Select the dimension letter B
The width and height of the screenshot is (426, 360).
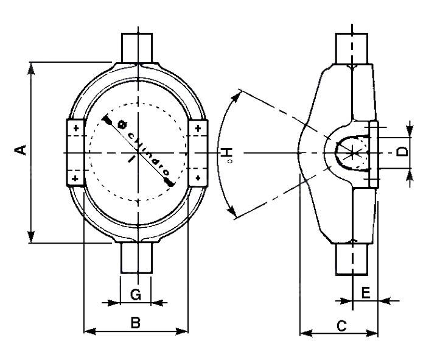(136, 323)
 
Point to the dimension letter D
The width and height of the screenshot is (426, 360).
(402, 150)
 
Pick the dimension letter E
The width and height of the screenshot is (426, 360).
(366, 293)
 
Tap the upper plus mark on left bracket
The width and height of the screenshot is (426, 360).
(76, 129)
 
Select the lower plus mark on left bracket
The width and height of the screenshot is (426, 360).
(76, 178)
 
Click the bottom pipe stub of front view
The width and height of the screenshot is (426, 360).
(136, 258)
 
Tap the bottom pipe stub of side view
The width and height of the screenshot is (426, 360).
(353, 259)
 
